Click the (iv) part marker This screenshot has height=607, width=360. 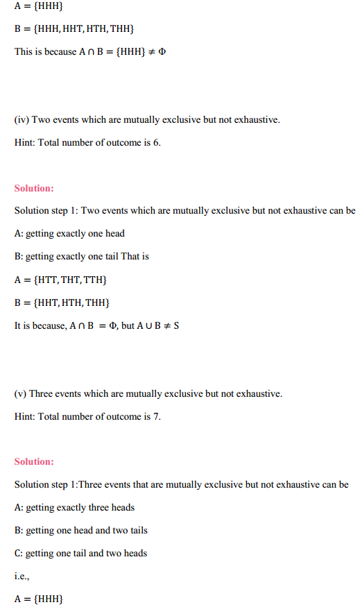click(x=22, y=120)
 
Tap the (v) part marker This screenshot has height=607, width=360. click(x=21, y=393)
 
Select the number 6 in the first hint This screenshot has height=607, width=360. click(x=155, y=143)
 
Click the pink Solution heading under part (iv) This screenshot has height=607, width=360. click(x=34, y=189)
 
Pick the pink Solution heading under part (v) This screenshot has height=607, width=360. click(x=34, y=462)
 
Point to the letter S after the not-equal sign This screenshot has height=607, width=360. click(x=176, y=326)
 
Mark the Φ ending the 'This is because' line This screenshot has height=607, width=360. click(x=162, y=52)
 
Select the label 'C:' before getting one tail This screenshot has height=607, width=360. click(x=19, y=553)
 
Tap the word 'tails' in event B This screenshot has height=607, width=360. click(x=137, y=530)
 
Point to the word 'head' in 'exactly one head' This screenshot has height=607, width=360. click(x=114, y=234)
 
